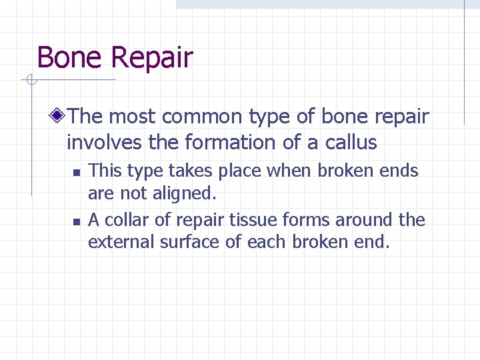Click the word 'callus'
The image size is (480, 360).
[x=351, y=143]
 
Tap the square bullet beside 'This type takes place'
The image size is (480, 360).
[x=77, y=173]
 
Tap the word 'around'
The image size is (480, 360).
[x=364, y=219]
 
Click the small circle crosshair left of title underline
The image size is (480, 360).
[x=30, y=81]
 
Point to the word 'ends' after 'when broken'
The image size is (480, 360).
[x=400, y=171]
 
